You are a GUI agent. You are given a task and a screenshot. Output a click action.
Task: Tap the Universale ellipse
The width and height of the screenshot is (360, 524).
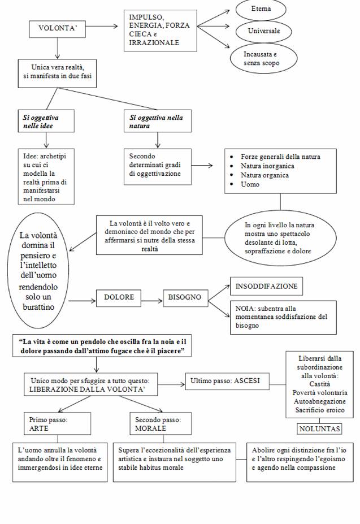coord(264,31)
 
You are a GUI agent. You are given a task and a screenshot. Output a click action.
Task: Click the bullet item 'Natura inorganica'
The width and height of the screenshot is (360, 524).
coord(267,166)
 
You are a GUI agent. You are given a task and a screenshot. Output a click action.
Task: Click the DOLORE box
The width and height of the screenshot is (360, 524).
coord(119,297)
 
